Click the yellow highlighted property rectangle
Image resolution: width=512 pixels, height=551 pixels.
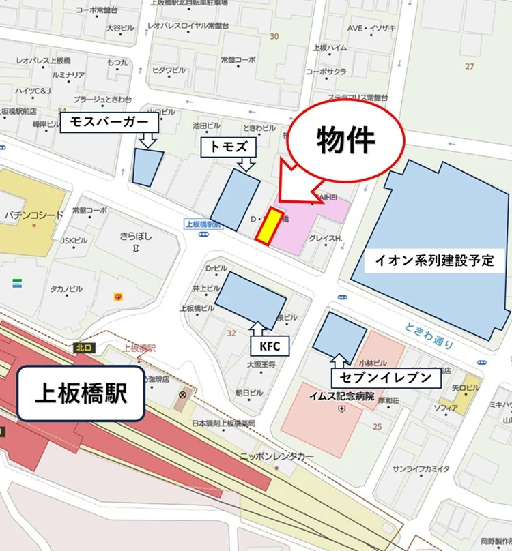270,226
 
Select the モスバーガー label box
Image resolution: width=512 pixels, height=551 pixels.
110,123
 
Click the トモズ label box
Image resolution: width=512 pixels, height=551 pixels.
228,146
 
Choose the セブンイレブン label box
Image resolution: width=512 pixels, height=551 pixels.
383,377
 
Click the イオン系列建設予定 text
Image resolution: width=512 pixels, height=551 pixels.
434,260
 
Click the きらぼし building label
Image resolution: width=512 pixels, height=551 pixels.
136,237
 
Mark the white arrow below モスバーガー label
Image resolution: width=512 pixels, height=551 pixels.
148,139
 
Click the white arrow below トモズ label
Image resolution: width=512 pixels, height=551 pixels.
247,163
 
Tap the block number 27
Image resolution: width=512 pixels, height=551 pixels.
469,66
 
